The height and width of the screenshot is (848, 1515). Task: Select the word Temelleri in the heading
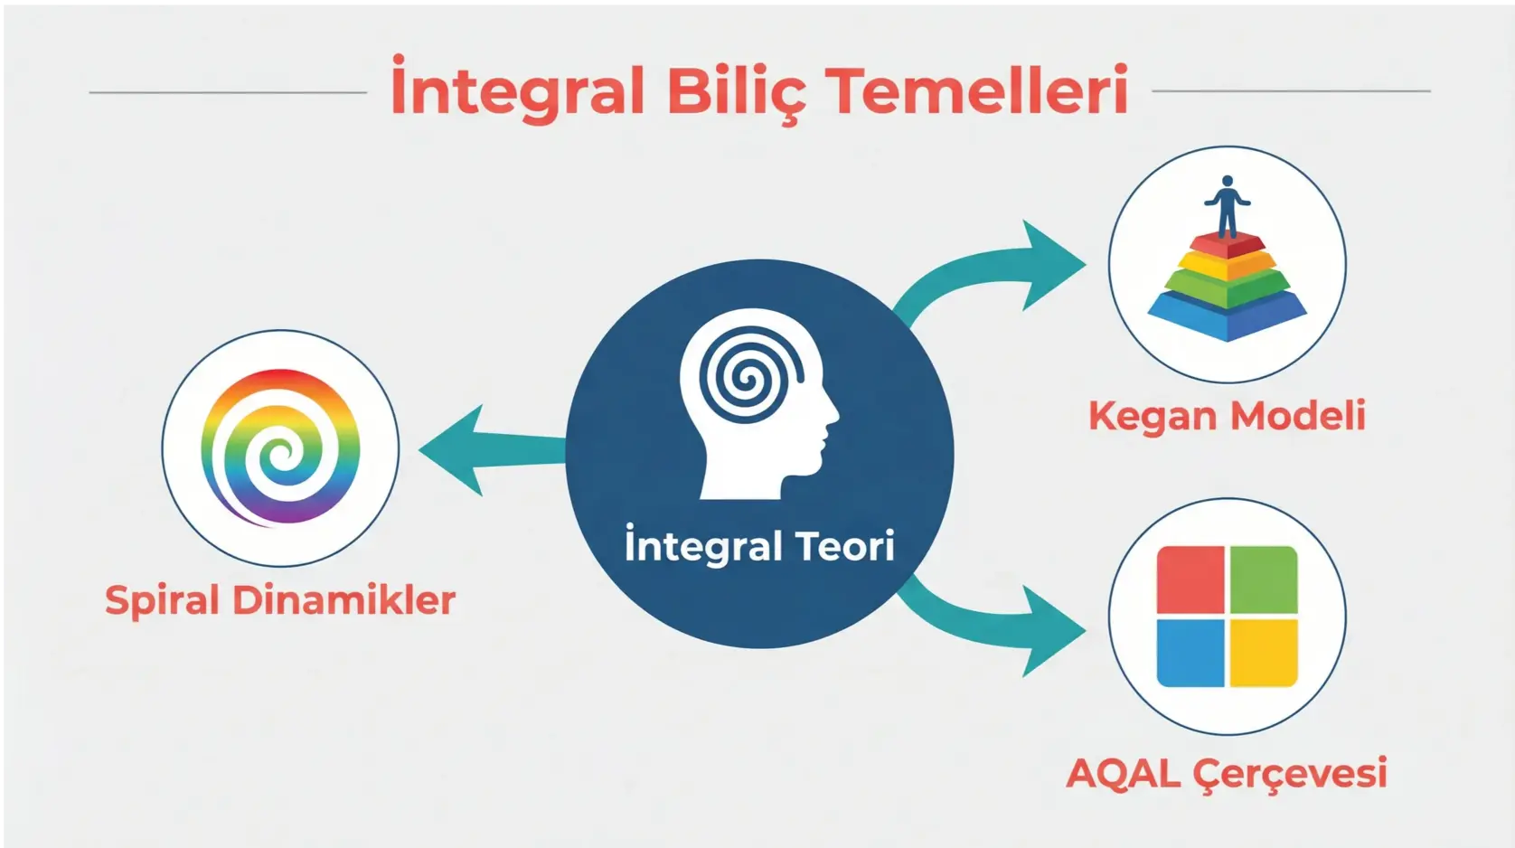pos(979,91)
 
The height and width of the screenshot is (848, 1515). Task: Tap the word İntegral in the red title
pos(518,91)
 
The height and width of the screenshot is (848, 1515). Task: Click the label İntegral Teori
pos(759,546)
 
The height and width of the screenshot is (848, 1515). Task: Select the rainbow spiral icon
pos(280,448)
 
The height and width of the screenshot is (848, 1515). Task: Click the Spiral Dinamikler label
pos(280,600)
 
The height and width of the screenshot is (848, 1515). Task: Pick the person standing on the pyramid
pos(1227,205)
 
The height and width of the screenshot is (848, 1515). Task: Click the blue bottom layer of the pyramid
pos(1227,316)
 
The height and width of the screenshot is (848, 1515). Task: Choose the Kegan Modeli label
pos(1227,416)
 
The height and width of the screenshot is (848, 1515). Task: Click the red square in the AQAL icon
pos(1190,579)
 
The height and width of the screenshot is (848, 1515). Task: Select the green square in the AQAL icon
pos(1264,579)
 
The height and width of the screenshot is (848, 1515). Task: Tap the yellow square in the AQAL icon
pos(1264,653)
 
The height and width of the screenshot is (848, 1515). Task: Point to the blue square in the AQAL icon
pos(1190,653)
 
